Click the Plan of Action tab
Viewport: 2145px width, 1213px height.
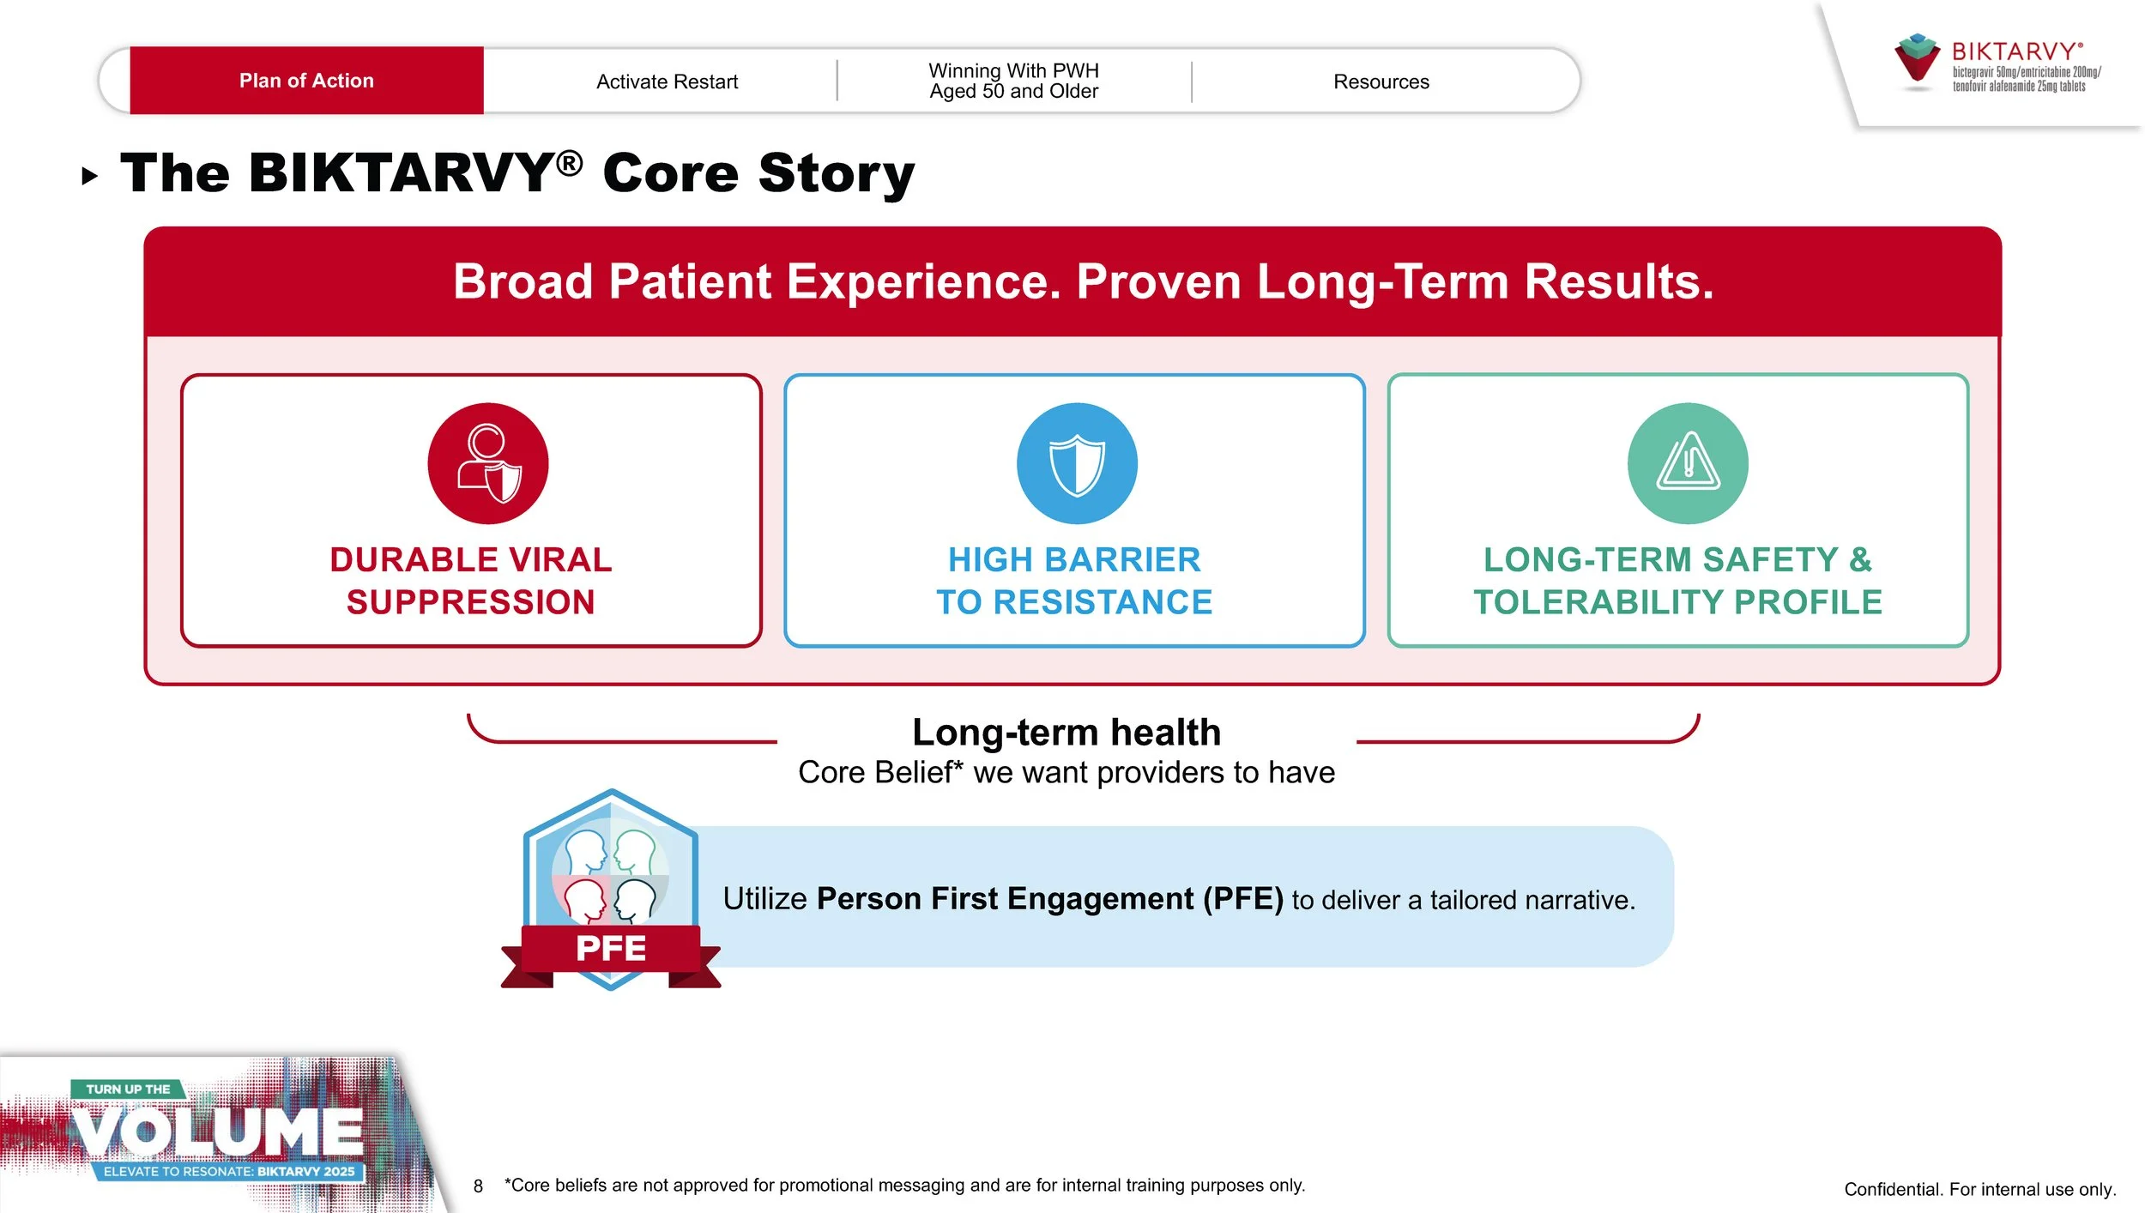pyautogui.click(x=306, y=81)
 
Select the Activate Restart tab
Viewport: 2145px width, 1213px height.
pyautogui.click(x=667, y=81)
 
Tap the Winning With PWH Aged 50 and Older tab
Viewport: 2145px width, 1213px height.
pyautogui.click(x=1013, y=81)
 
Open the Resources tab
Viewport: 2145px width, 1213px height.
pyautogui.click(x=1381, y=81)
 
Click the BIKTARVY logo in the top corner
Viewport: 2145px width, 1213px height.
pyautogui.click(x=1997, y=63)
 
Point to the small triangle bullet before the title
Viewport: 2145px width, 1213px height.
pyautogui.click(x=90, y=177)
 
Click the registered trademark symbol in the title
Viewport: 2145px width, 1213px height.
pyautogui.click(x=569, y=163)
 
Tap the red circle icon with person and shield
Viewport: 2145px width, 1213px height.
pyautogui.click(x=487, y=463)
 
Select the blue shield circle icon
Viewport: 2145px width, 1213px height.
pyautogui.click(x=1077, y=463)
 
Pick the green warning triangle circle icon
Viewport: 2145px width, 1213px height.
pyautogui.click(x=1688, y=463)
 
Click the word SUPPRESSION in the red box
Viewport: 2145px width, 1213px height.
pyautogui.click(x=470, y=602)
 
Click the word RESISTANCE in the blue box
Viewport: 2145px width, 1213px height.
pyautogui.click(x=1103, y=602)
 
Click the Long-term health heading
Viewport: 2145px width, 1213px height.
pyautogui.click(x=1066, y=733)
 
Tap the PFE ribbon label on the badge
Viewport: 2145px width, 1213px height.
pyautogui.click(x=611, y=949)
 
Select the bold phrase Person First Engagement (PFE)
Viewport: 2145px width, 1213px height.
pyautogui.click(x=1049, y=899)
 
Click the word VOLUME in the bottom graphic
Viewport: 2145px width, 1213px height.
pyautogui.click(x=217, y=1132)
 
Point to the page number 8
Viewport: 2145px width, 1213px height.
pyautogui.click(x=478, y=1186)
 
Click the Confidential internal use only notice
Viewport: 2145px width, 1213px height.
pyautogui.click(x=1980, y=1189)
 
